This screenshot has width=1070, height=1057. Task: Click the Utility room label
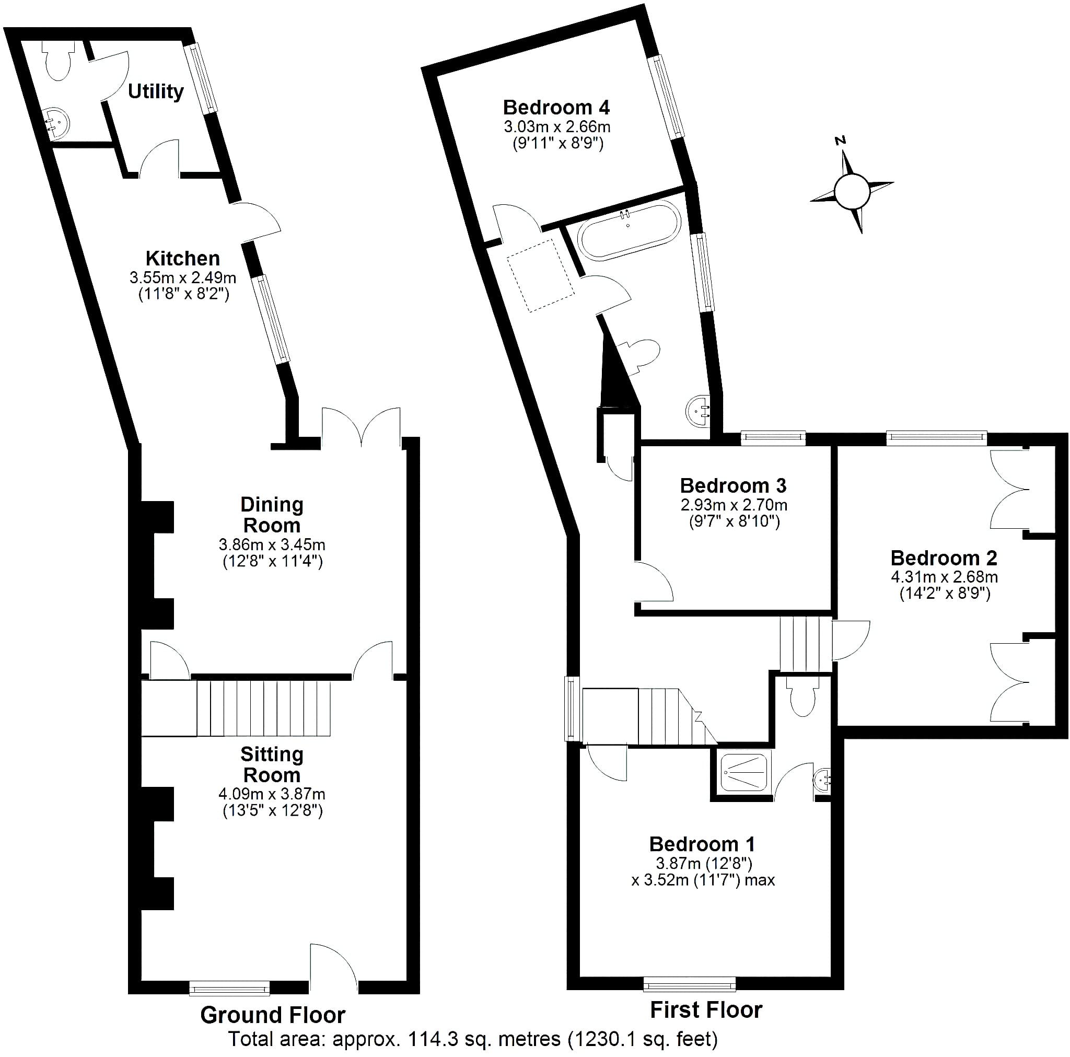(x=156, y=91)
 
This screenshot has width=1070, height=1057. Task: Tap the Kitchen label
(x=183, y=258)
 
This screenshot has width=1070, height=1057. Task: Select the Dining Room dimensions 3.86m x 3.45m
(x=272, y=544)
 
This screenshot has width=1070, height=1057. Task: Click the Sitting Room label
(x=272, y=764)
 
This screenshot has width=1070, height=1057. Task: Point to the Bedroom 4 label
(x=556, y=107)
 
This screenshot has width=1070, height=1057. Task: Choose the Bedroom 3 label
(x=733, y=485)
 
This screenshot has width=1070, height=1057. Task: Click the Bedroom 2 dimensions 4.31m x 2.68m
(x=944, y=577)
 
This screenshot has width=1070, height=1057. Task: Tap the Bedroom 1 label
(x=702, y=844)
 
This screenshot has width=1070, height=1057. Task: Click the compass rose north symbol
(x=841, y=141)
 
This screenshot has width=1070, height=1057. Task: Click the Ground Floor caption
(x=273, y=1015)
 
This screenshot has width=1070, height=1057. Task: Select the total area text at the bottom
(x=473, y=1039)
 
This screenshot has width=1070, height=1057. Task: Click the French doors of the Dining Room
(x=361, y=426)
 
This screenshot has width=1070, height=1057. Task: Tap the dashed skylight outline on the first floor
(x=540, y=275)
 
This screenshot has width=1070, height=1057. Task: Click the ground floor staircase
(x=236, y=708)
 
